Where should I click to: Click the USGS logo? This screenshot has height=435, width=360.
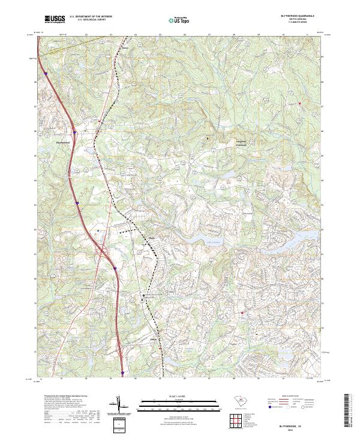point(55,20)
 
